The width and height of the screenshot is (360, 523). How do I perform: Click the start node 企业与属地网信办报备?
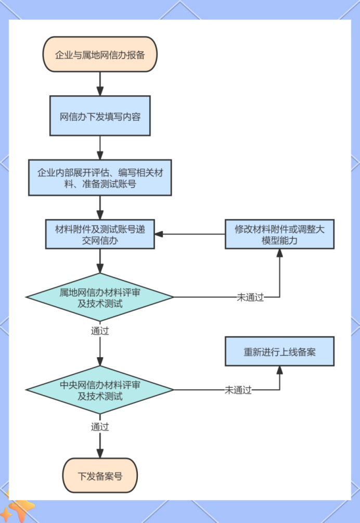click(x=100, y=55)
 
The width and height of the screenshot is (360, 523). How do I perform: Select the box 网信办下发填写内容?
click(x=100, y=116)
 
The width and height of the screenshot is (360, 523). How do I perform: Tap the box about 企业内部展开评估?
click(x=100, y=177)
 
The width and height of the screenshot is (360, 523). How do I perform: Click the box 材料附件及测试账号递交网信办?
click(x=100, y=234)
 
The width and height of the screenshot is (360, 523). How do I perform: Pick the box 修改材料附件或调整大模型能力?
click(x=279, y=234)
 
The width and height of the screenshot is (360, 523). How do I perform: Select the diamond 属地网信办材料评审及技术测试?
click(x=100, y=297)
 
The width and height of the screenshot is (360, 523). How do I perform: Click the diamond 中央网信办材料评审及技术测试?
click(x=100, y=390)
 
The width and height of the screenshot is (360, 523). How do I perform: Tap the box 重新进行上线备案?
click(x=279, y=351)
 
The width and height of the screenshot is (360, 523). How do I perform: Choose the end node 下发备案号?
click(x=100, y=475)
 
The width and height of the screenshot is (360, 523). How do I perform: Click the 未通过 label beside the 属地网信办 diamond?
click(x=250, y=297)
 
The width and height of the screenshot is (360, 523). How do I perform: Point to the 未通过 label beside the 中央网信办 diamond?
click(x=238, y=390)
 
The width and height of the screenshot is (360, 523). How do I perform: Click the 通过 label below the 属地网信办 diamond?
click(x=100, y=331)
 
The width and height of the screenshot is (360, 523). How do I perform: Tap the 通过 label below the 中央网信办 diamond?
click(x=100, y=427)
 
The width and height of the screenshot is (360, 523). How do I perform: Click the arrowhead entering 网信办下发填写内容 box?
click(x=100, y=91)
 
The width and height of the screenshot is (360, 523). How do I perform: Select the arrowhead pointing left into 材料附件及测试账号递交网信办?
click(x=159, y=234)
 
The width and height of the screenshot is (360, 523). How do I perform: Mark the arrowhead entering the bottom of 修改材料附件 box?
click(x=279, y=253)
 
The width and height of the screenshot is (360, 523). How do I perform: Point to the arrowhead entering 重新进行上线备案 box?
click(x=279, y=370)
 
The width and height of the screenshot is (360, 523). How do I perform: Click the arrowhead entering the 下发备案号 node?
click(x=100, y=453)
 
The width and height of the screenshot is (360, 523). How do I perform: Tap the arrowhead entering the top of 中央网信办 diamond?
click(x=100, y=361)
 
